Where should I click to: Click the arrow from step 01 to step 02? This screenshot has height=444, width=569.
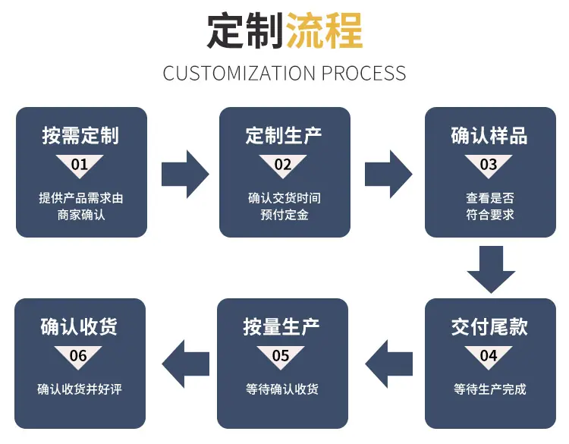tap(185, 175)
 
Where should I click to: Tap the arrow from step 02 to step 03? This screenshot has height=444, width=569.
tap(388, 175)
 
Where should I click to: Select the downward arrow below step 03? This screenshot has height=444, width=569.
tap(491, 269)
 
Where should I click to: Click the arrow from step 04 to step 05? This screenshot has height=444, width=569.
tap(389, 364)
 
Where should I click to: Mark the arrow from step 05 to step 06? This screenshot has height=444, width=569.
tap(186, 364)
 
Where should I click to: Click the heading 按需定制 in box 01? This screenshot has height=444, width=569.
tap(80, 136)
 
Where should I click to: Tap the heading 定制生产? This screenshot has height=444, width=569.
tap(284, 136)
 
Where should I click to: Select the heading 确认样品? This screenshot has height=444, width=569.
tap(489, 136)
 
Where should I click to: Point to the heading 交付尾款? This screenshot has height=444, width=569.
tap(489, 327)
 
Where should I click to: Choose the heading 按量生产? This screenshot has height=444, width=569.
tap(281, 327)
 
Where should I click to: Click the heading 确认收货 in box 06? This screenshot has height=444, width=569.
tap(79, 327)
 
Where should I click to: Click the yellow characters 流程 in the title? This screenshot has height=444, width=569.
tap(324, 30)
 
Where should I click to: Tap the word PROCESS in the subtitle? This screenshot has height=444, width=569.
tap(363, 74)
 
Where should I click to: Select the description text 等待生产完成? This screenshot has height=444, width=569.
tap(490, 389)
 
